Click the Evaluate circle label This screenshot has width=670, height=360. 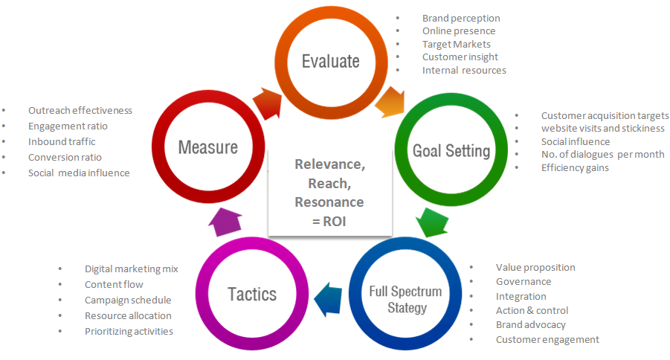tap(330, 61)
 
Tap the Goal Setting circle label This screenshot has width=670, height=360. tap(451, 152)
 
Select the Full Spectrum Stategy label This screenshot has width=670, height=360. tap(405, 298)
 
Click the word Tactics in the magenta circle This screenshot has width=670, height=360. tap(252, 294)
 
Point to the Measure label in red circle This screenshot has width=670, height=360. tap(207, 147)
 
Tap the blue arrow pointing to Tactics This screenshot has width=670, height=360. tap(327, 295)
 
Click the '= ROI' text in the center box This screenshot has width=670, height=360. tap(329, 221)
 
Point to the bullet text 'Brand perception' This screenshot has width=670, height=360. tap(461, 18)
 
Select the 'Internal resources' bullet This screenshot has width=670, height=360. tap(464, 70)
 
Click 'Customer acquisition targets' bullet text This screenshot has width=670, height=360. tap(605, 115)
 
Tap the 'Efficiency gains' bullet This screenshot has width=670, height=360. tap(575, 167)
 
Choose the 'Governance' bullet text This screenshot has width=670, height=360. tap(524, 281)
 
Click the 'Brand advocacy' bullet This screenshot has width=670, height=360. tap(531, 324)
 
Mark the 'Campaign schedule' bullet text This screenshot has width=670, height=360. tap(128, 300)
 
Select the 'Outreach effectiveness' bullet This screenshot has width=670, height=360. tap(80, 110)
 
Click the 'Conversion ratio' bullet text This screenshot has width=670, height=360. tap(65, 157)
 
